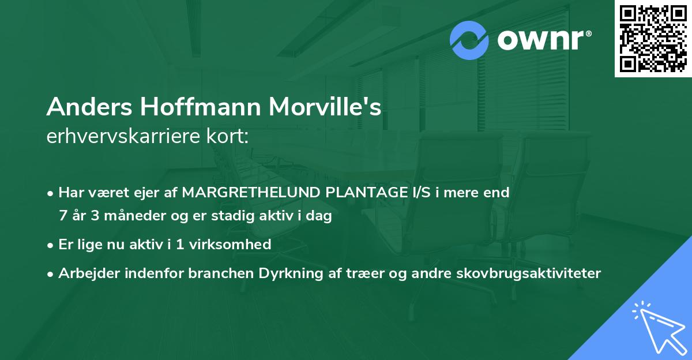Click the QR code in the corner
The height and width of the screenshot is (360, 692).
tap(653, 38)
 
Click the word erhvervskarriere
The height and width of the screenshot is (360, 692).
tap(124, 137)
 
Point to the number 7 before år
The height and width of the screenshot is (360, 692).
tap(62, 216)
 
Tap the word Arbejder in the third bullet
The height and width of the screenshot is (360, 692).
tap(84, 273)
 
